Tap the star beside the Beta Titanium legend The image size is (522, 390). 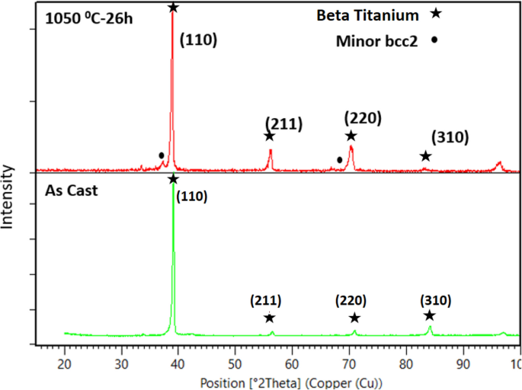click(436, 14)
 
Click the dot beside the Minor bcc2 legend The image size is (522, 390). click(434, 40)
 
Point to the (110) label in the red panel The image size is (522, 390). click(198, 40)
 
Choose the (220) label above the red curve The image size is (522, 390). click(363, 118)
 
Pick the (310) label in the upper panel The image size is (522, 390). click(450, 138)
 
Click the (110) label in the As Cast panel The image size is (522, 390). click(191, 197)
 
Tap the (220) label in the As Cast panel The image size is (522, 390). click(351, 300)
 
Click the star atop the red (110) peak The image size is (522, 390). click(173, 7)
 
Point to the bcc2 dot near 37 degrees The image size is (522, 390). click(161, 155)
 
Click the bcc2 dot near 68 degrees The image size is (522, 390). click(339, 160)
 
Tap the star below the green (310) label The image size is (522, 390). click(430, 315)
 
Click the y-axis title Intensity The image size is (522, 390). click(8, 197)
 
